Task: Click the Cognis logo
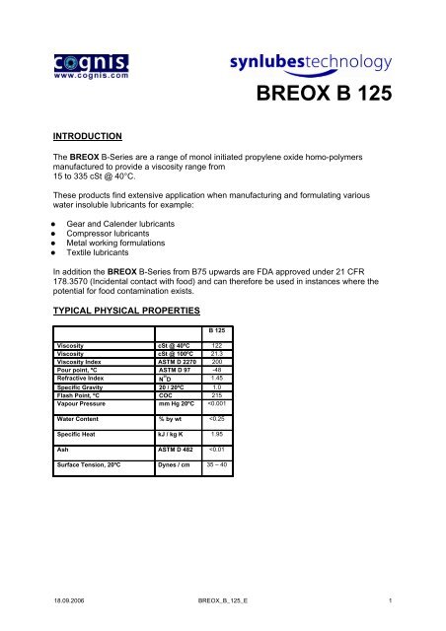point(85,58)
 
